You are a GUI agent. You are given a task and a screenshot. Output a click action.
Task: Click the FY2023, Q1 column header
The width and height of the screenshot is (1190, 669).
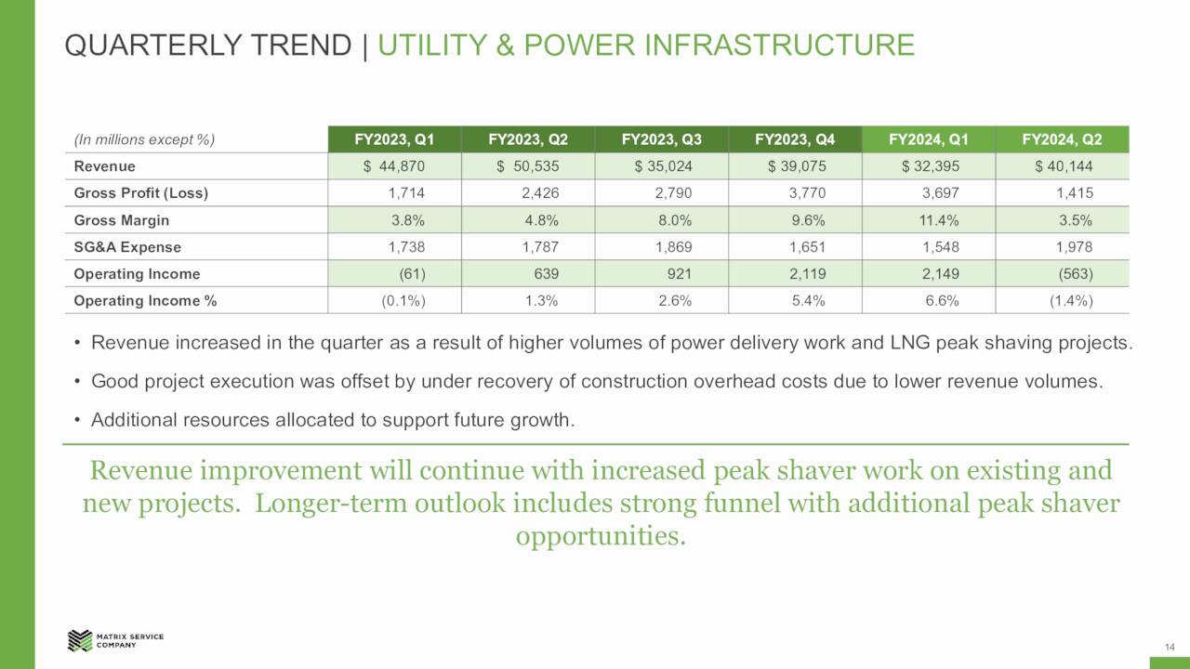coord(394,140)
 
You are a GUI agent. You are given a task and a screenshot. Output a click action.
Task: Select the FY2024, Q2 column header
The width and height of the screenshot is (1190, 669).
coord(1062,140)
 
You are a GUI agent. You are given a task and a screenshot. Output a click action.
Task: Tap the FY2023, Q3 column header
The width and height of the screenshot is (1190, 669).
coord(661,140)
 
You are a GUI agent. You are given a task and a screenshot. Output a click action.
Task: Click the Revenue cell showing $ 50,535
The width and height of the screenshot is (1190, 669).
coord(527,166)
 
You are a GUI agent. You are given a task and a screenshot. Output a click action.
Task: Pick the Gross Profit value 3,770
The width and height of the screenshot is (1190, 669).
coord(806,193)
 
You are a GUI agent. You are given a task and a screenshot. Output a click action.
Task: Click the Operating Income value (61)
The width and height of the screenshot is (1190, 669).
coord(412,274)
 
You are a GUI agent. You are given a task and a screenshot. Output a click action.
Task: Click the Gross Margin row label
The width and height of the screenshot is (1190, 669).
coord(122,220)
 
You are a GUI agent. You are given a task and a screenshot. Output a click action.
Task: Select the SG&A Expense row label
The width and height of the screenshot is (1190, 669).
coord(127,247)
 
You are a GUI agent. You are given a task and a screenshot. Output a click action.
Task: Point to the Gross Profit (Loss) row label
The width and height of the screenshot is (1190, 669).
coord(140,193)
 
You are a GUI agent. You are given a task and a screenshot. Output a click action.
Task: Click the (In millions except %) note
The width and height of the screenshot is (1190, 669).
coord(144,140)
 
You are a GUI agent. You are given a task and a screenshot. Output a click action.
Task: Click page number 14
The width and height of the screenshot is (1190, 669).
coord(1170,647)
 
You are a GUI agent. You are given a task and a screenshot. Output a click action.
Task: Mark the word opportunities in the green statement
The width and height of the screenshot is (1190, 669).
coord(601,536)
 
